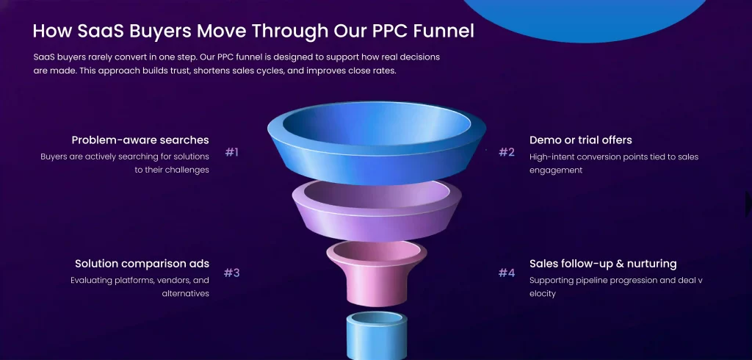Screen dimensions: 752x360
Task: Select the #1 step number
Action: pos(231,153)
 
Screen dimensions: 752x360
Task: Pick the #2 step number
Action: pos(507,153)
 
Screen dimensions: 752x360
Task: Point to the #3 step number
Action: pos(231,273)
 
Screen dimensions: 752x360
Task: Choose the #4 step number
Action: pos(507,273)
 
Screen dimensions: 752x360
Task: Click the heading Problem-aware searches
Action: pos(140,140)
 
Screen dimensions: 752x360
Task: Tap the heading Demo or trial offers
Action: pos(581,140)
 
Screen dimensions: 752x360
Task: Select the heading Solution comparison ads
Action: pos(142,264)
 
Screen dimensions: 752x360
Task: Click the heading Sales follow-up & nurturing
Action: pos(603,264)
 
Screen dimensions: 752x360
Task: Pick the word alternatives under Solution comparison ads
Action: pos(186,293)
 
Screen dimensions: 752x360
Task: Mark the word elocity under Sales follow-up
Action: pos(543,294)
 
